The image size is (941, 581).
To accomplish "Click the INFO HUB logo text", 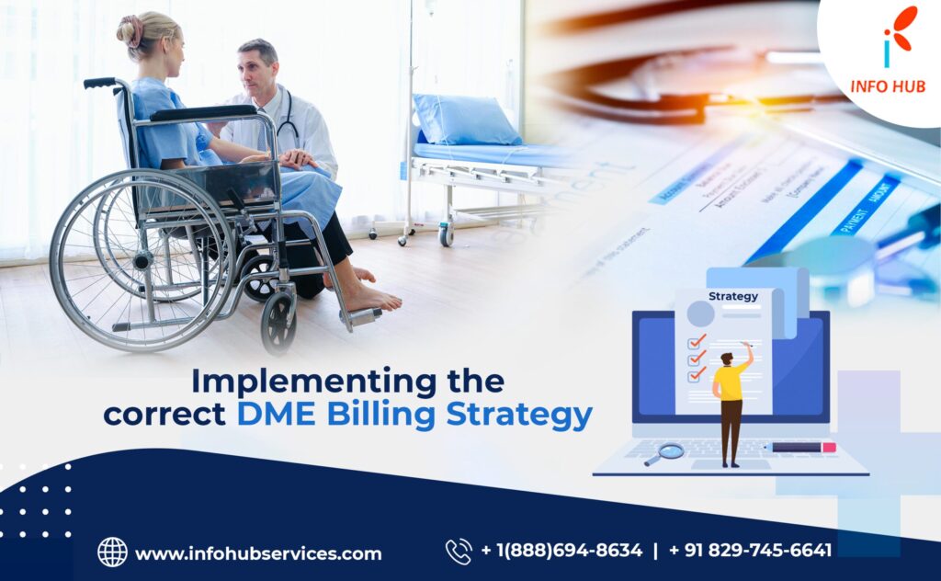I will (888, 86).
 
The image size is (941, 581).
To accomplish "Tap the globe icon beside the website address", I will (112, 552).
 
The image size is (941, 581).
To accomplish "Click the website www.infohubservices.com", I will (257, 553).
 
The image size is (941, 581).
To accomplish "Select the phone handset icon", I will (458, 551).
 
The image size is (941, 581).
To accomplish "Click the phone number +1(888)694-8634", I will (561, 551).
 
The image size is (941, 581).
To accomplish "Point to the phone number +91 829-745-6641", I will (750, 551).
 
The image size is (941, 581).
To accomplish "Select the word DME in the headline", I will (273, 415).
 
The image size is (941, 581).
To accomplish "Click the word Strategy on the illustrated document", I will (732, 296).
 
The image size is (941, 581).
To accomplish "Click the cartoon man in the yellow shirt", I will (732, 400).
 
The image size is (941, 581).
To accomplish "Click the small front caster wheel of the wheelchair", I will (278, 321).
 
